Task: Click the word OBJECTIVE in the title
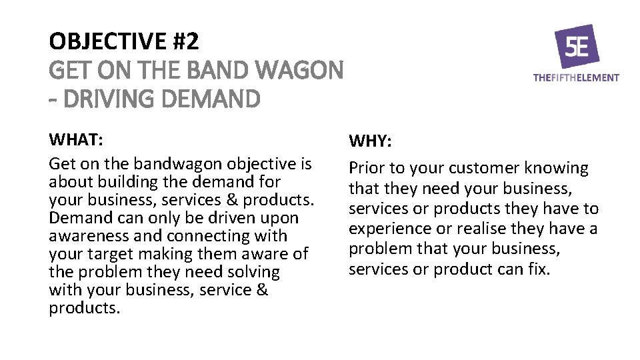(x=107, y=41)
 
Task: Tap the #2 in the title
(x=185, y=41)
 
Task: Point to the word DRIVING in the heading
(x=107, y=99)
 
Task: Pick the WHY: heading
(x=371, y=142)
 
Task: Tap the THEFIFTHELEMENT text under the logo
(x=576, y=78)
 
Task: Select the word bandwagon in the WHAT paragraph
(x=179, y=163)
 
